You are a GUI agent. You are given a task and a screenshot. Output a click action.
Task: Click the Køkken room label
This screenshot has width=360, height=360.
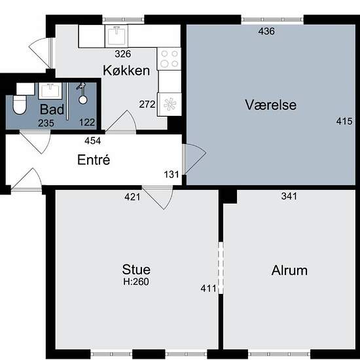coord(126,70)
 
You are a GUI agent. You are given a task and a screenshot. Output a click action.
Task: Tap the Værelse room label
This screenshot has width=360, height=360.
coord(271,105)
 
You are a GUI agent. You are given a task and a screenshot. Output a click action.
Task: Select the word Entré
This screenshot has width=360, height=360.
coord(94,160)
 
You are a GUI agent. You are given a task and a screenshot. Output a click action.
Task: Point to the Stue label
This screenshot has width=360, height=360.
coord(136,269)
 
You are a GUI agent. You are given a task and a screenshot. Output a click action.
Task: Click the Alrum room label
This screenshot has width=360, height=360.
coord(289,270)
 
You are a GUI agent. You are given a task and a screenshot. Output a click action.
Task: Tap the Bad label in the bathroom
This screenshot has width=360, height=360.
coord(52,109)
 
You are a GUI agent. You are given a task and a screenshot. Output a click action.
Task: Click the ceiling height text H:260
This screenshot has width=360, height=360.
coord(136,281)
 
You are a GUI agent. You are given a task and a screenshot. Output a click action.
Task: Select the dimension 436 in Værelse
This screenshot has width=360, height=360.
coord(266,31)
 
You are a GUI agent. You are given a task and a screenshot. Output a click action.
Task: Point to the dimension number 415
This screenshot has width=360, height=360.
coord(344,121)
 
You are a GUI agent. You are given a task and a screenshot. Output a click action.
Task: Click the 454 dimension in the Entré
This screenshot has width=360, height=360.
coord(92,141)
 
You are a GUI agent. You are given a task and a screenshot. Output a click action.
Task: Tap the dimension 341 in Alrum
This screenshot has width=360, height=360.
coord(289,196)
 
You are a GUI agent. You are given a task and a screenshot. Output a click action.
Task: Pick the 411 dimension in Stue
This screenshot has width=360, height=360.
coord(208,288)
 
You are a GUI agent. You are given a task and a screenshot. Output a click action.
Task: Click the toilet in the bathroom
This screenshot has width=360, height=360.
coord(20,105)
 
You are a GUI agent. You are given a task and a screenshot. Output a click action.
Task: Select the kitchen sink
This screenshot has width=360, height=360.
coord(116,35)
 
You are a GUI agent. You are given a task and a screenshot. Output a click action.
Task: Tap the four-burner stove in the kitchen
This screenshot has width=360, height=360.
coord(169,59)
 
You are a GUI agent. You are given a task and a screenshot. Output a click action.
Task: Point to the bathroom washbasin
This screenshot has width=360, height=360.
coord(50,91)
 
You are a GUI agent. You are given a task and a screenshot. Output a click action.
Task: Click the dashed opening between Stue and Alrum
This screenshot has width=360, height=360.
coord(221,268)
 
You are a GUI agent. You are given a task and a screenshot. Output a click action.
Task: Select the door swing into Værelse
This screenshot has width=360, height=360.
coord(195,159)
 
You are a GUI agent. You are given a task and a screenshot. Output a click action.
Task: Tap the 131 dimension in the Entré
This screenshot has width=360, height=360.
coord(171,175)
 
